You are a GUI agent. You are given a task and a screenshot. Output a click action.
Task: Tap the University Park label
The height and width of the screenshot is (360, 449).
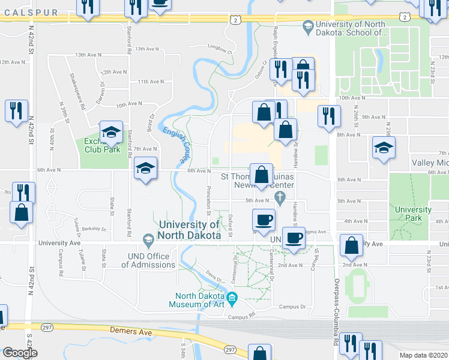(413, 214)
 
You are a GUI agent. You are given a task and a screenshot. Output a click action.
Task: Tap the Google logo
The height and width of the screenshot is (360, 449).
(20, 353)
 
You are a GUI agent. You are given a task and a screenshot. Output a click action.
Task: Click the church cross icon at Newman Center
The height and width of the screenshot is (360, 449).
(279, 197)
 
